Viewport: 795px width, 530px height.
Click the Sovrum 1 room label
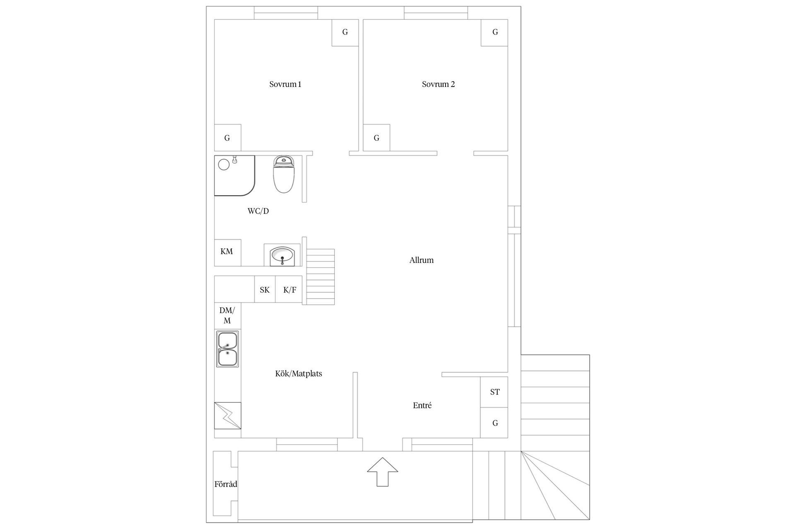point(285,84)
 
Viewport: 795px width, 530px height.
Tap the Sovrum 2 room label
point(438,84)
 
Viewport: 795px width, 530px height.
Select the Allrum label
point(422,260)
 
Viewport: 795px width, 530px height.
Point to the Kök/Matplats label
point(299,373)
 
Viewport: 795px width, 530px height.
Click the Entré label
point(422,405)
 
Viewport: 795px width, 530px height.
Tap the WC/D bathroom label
point(258,211)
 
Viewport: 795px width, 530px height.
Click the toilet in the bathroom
point(284,174)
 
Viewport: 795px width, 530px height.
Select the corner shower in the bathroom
point(234,176)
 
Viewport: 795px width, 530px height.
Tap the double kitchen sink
point(227,349)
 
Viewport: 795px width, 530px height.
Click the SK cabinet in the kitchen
point(265,289)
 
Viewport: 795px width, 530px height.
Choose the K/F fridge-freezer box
point(289,289)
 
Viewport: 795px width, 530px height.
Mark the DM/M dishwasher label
point(227,316)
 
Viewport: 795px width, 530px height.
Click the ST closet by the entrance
point(494,392)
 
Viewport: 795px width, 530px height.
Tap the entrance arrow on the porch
point(383,472)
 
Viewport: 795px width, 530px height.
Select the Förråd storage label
point(226,484)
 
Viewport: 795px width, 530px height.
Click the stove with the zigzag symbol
point(227,415)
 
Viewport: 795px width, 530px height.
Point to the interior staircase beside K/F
point(320,277)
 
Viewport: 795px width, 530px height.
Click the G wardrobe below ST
point(494,423)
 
